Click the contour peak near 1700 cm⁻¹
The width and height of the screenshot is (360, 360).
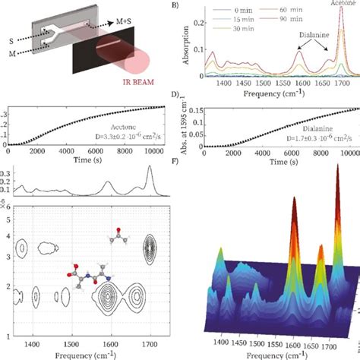(x=150, y=246)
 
